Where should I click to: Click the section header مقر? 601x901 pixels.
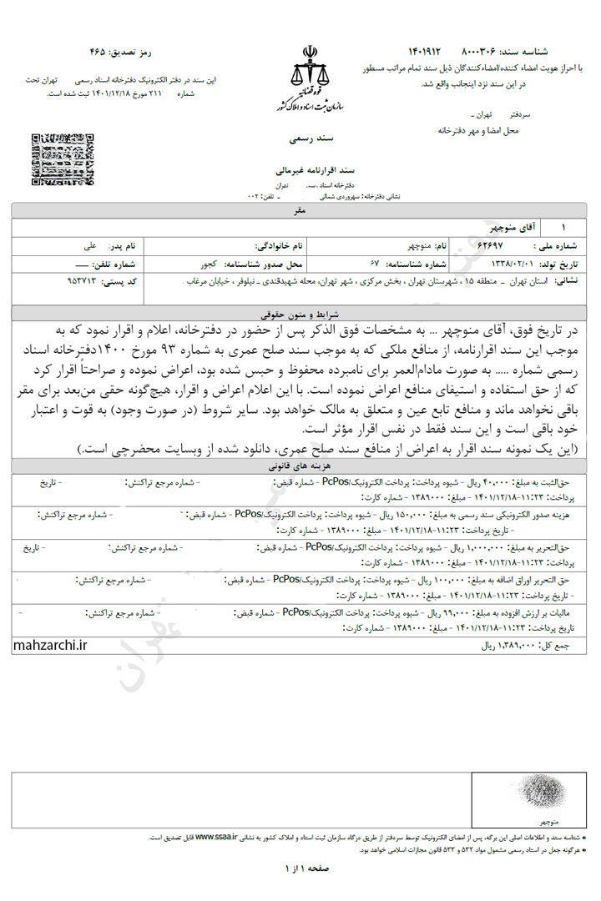coord(301,212)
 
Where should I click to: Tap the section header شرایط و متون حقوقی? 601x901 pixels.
coord(301,312)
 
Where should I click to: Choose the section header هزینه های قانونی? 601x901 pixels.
coord(301,469)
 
